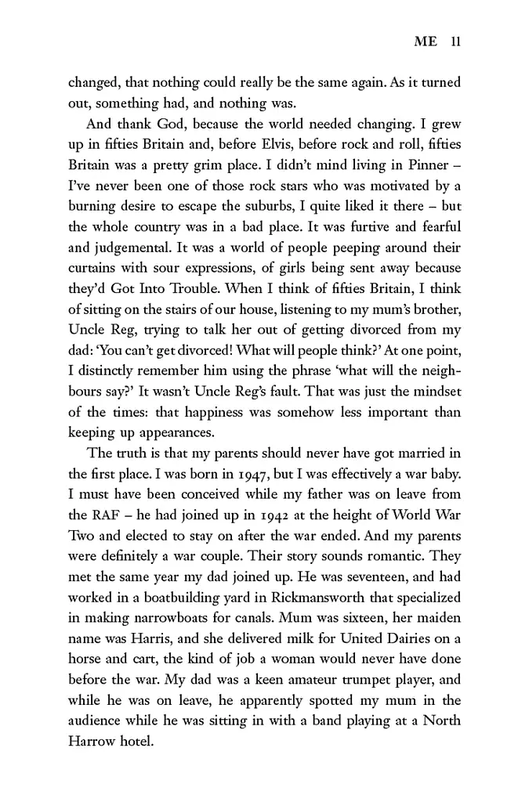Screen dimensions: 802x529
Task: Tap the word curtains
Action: tap(95, 288)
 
